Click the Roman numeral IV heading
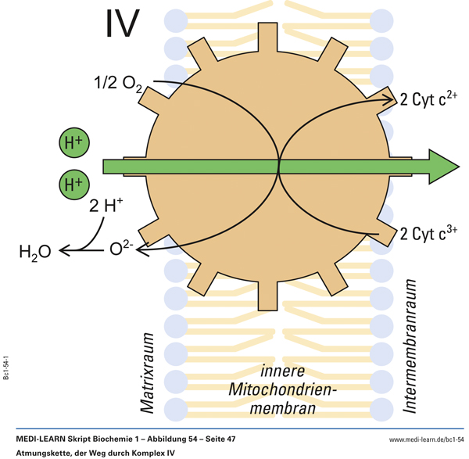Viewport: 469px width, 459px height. click(x=122, y=25)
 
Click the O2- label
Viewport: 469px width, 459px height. click(x=124, y=249)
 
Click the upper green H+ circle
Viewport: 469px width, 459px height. click(x=73, y=143)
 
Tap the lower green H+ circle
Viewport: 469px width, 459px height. click(x=73, y=185)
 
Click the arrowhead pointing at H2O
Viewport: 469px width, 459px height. click(x=63, y=250)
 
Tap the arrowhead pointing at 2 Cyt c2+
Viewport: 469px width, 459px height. click(x=391, y=98)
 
